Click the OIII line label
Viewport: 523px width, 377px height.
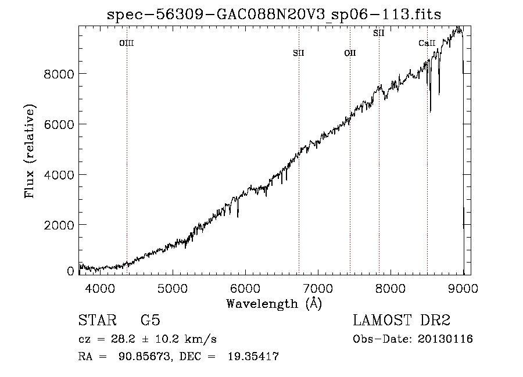(x=127, y=43)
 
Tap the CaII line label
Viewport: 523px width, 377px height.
(x=427, y=43)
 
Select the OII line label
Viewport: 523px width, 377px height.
(x=350, y=53)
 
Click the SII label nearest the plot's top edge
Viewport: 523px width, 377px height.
(x=378, y=33)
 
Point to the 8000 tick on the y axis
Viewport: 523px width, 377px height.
(x=59, y=74)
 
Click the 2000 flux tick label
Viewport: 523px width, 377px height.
(x=59, y=225)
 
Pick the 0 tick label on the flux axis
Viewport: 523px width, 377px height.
(x=70, y=271)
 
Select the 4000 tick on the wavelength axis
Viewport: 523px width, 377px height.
(x=100, y=288)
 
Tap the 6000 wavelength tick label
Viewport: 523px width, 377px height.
(x=245, y=288)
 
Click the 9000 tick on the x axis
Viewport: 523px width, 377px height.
(x=463, y=288)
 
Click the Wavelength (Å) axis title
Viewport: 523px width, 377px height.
(x=274, y=304)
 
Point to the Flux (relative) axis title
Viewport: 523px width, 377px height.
(x=30, y=151)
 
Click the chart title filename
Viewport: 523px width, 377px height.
(x=274, y=15)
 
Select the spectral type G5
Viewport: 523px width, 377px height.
(x=151, y=320)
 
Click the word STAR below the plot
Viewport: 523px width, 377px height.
(x=97, y=320)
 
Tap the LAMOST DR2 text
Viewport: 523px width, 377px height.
(x=402, y=320)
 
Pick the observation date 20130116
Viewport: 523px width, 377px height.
(x=445, y=339)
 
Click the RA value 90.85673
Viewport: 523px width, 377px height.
(x=145, y=356)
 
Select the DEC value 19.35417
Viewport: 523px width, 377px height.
(x=253, y=356)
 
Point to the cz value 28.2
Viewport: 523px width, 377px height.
(x=123, y=339)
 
